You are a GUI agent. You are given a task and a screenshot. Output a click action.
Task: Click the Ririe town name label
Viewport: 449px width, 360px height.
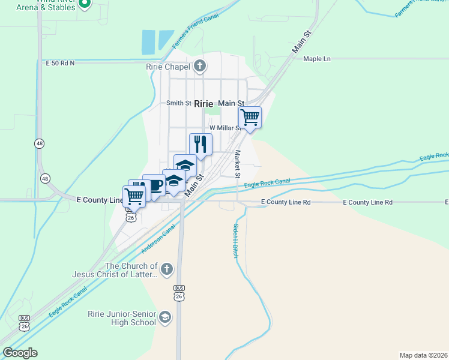click(x=203, y=103)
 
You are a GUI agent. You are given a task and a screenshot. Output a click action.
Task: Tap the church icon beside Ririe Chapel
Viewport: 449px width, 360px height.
click(x=200, y=66)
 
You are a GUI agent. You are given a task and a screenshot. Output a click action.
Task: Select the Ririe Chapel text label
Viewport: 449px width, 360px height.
click(x=168, y=67)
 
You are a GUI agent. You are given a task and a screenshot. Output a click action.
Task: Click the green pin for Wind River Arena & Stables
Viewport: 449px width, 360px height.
click(x=85, y=4)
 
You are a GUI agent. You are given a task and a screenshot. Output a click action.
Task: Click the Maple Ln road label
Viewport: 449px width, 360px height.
click(x=317, y=59)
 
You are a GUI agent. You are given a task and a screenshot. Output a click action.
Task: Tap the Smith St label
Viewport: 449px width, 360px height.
click(x=178, y=103)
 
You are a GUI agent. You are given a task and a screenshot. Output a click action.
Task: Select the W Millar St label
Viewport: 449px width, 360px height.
click(x=224, y=128)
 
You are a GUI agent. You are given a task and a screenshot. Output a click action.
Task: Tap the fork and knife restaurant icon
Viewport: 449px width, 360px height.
click(x=201, y=144)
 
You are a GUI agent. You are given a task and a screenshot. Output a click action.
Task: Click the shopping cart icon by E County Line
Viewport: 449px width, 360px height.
click(x=134, y=195)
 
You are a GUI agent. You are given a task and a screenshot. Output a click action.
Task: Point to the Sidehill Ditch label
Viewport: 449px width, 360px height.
click(x=235, y=241)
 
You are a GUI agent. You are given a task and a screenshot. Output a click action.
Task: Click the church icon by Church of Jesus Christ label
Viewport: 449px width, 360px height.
click(x=167, y=269)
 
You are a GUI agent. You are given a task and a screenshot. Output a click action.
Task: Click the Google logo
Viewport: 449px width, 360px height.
click(x=20, y=353)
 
